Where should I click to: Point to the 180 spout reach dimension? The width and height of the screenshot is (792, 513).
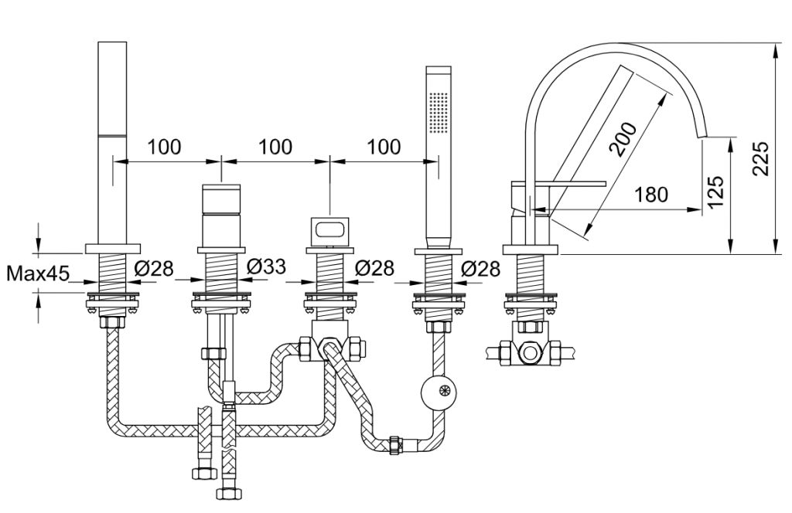coord(651,195)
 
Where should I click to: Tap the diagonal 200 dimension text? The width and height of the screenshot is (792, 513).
coord(623,139)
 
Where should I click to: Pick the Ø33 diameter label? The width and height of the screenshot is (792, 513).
coord(266,267)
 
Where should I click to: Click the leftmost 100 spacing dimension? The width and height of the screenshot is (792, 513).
coord(166,147)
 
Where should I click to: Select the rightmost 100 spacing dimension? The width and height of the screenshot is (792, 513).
coord(384,147)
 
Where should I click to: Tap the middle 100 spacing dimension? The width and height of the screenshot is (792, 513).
coord(275,147)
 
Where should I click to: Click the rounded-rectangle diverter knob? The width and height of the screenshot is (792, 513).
coord(330,230)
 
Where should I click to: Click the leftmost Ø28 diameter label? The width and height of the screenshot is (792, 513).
coord(154,269)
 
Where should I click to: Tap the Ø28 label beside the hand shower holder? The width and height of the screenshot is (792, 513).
coord(480,269)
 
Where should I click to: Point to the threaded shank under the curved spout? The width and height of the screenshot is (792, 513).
coord(531,271)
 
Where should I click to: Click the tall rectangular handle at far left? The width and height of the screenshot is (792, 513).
coord(113,139)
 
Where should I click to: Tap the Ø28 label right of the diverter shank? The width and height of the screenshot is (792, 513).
coord(375,269)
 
